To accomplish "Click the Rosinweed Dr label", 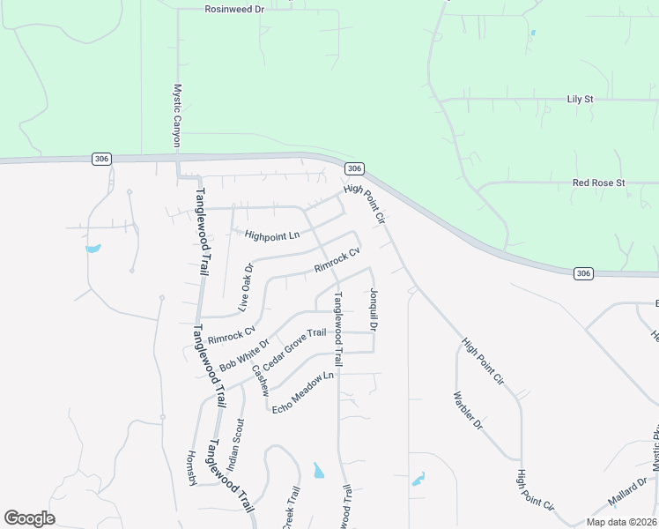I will (x=234, y=9).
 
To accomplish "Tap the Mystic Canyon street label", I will (x=176, y=115).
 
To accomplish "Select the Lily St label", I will (x=580, y=100).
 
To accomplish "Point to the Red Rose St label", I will (x=598, y=183).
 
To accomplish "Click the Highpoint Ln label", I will (x=272, y=235).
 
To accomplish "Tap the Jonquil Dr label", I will (x=374, y=310).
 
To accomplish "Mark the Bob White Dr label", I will (x=244, y=353).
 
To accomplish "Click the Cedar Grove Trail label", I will (x=294, y=347).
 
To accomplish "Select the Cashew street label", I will (x=260, y=380).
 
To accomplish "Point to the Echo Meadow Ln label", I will (x=304, y=392).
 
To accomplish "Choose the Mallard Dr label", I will (x=627, y=493).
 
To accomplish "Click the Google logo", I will (x=29, y=518).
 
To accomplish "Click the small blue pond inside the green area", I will (x=532, y=34).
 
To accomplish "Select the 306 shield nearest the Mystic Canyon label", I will (x=101, y=158).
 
